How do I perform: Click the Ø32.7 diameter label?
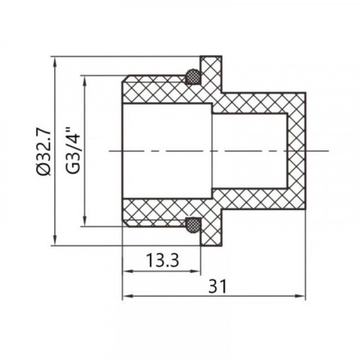tap(45, 151)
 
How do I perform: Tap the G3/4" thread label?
tap(73, 151)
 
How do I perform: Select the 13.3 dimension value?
tap(163, 261)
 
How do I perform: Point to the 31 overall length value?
tap(217, 286)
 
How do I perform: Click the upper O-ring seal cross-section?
tap(193, 76)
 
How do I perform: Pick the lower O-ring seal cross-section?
tap(193, 225)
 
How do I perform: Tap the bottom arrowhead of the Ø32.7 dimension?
tap(55, 240)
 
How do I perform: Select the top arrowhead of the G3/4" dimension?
tap(84, 81)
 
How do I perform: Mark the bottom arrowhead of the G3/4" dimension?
tap(84, 221)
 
